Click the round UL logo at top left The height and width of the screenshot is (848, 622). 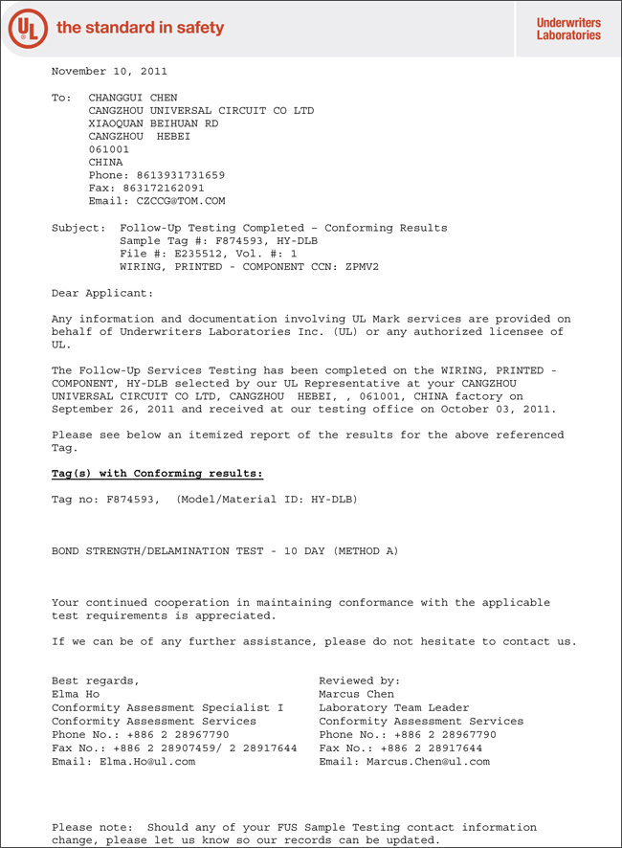click(x=28, y=27)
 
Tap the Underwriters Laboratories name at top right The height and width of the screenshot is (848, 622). click(x=568, y=28)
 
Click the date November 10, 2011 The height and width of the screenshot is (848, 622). click(x=109, y=71)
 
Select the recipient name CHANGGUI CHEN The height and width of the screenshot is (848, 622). click(x=133, y=98)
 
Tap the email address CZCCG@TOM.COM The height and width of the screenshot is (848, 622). click(x=177, y=201)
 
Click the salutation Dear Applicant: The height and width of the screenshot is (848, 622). click(x=102, y=293)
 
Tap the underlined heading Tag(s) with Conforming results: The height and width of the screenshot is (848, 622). click(x=157, y=474)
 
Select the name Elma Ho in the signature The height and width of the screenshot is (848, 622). click(x=76, y=694)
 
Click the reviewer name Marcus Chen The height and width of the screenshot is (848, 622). click(x=356, y=694)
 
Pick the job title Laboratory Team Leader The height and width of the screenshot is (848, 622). click(x=393, y=707)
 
